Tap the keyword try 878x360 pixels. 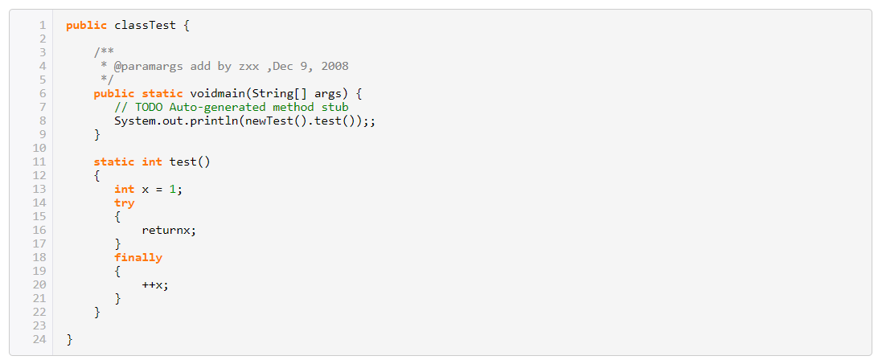(125, 202)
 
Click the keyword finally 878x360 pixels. (138, 257)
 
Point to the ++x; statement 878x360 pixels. (155, 284)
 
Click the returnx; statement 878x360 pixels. (169, 230)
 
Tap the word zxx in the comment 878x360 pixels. (248, 66)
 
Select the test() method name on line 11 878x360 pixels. (189, 162)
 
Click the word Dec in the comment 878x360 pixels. (283, 66)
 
